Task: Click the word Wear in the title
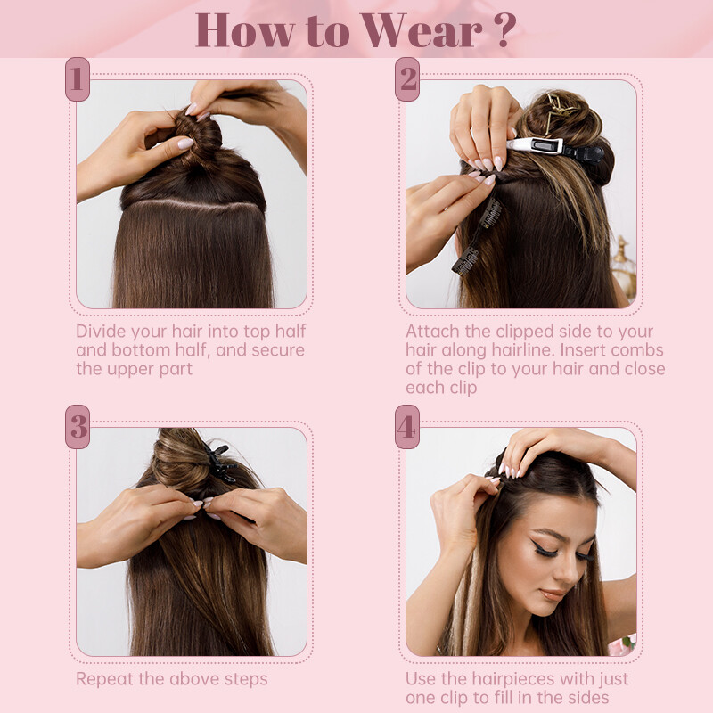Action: click(x=421, y=30)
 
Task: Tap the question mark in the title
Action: click(x=504, y=30)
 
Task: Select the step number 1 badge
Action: click(x=78, y=79)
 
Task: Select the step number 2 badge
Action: click(x=407, y=79)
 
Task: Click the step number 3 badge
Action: click(x=78, y=427)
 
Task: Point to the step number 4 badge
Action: click(x=407, y=427)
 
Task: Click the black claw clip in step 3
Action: click(x=220, y=463)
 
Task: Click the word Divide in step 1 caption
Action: click(x=101, y=331)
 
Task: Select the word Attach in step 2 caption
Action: click(x=432, y=331)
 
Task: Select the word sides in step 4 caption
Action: click(x=586, y=698)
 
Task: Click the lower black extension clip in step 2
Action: click(x=464, y=261)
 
